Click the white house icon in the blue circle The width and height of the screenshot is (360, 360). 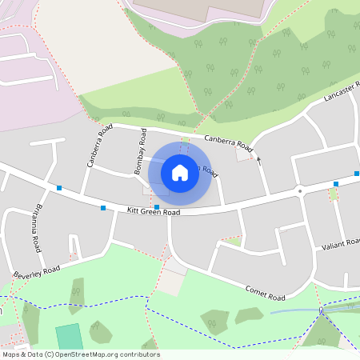coord(180,172)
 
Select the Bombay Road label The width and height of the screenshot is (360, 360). coord(138,150)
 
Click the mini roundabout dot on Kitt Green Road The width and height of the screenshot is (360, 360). coord(300,190)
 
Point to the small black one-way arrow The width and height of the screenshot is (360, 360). coord(258,160)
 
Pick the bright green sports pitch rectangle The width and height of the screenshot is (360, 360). coord(69,337)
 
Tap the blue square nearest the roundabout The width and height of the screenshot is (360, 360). coord(336,184)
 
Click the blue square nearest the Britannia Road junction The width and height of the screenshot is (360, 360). coord(59,188)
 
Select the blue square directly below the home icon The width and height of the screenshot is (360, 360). coord(157,207)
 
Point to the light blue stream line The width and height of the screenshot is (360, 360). coord(296,310)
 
